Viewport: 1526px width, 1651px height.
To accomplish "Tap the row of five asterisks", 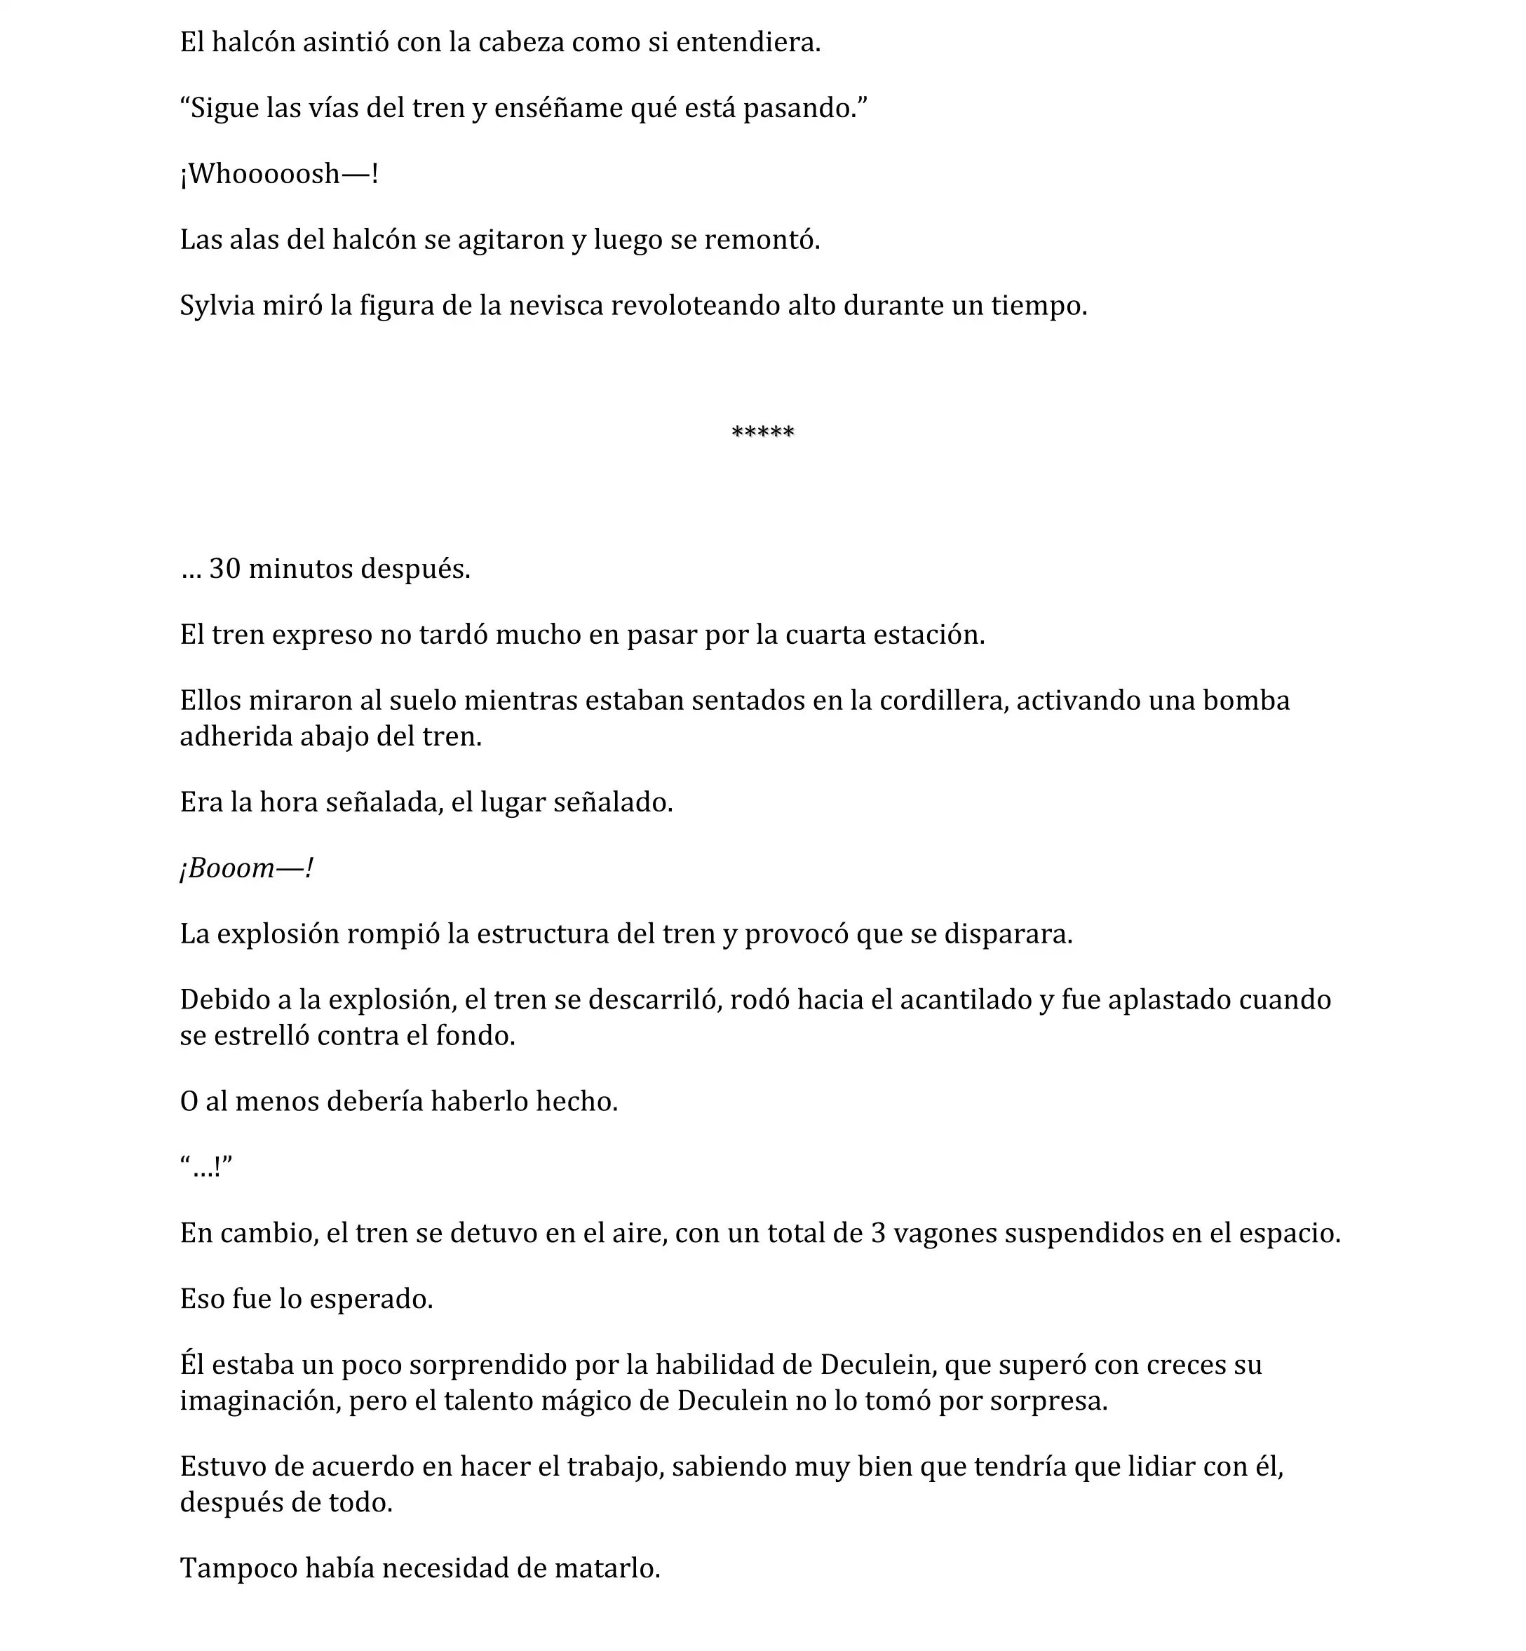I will pyautogui.click(x=762, y=433).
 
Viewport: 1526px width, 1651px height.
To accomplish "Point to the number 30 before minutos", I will pyautogui.click(x=224, y=569).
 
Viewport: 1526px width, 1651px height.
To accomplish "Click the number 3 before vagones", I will pyautogui.click(x=879, y=1233).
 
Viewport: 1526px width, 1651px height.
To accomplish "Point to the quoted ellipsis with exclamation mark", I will pyautogui.click(x=205, y=1167).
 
